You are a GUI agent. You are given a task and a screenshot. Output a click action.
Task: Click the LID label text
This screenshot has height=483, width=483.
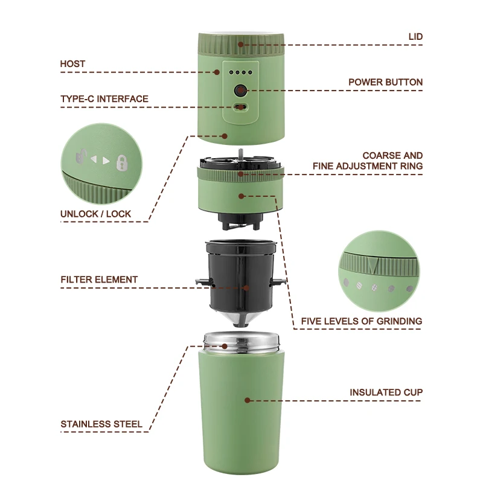coord(415,37)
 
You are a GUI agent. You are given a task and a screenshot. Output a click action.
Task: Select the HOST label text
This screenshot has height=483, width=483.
coord(72,63)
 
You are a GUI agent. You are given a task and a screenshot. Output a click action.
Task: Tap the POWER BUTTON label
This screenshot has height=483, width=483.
coord(385,82)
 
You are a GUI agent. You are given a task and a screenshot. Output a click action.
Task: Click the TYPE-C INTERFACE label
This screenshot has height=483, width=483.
coord(104,99)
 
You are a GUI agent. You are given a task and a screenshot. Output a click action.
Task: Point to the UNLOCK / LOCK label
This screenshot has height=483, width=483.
coord(95,214)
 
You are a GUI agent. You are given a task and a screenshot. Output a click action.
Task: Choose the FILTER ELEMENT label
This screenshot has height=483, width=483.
coord(99,280)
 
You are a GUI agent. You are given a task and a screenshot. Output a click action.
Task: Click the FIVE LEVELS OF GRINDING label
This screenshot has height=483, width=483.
coord(362,321)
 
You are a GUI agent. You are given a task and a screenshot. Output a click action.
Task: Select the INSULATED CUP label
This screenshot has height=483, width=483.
coord(386,392)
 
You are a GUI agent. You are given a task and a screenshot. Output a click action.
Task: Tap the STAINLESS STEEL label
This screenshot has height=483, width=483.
coord(101,424)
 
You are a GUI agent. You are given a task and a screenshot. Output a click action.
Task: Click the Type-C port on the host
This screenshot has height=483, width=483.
coord(241,107)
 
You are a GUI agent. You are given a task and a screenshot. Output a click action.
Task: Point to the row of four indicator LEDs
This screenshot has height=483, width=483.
coord(241,72)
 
